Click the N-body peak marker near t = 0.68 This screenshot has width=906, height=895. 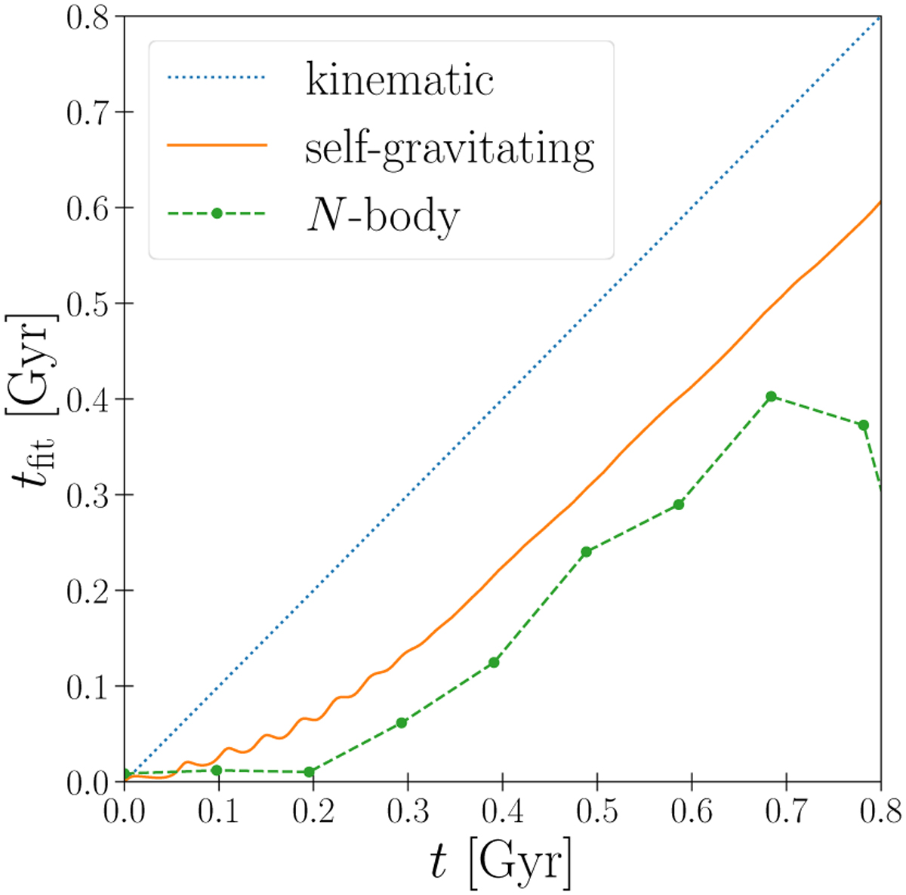[x=771, y=396]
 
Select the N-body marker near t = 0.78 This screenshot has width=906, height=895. [x=863, y=425]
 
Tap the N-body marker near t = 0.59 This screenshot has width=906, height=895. [x=679, y=504]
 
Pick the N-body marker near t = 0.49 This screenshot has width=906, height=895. [x=586, y=552]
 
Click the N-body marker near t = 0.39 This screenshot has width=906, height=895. [x=494, y=663]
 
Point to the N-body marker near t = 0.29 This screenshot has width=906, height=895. [x=402, y=723]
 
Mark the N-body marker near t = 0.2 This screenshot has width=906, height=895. [x=309, y=772]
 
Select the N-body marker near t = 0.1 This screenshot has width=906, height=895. [x=217, y=770]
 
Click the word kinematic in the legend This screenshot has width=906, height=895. [x=399, y=79]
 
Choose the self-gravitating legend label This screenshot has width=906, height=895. [x=449, y=148]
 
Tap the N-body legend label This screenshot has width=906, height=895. [x=382, y=217]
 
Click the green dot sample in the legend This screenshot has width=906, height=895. [x=217, y=214]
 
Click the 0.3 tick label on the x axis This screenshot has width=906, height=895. [x=408, y=811]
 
